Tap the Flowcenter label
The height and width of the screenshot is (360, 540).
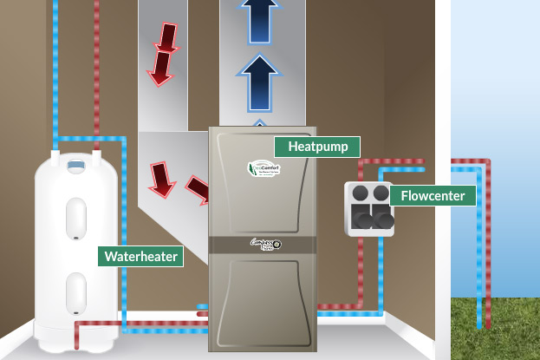(x=433, y=196)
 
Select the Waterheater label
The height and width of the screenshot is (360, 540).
(x=140, y=256)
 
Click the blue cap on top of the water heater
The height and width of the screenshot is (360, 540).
(x=76, y=164)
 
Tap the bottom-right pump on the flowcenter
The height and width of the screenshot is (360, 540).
(x=382, y=220)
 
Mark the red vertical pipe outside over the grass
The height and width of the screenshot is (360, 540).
(x=487, y=260)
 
